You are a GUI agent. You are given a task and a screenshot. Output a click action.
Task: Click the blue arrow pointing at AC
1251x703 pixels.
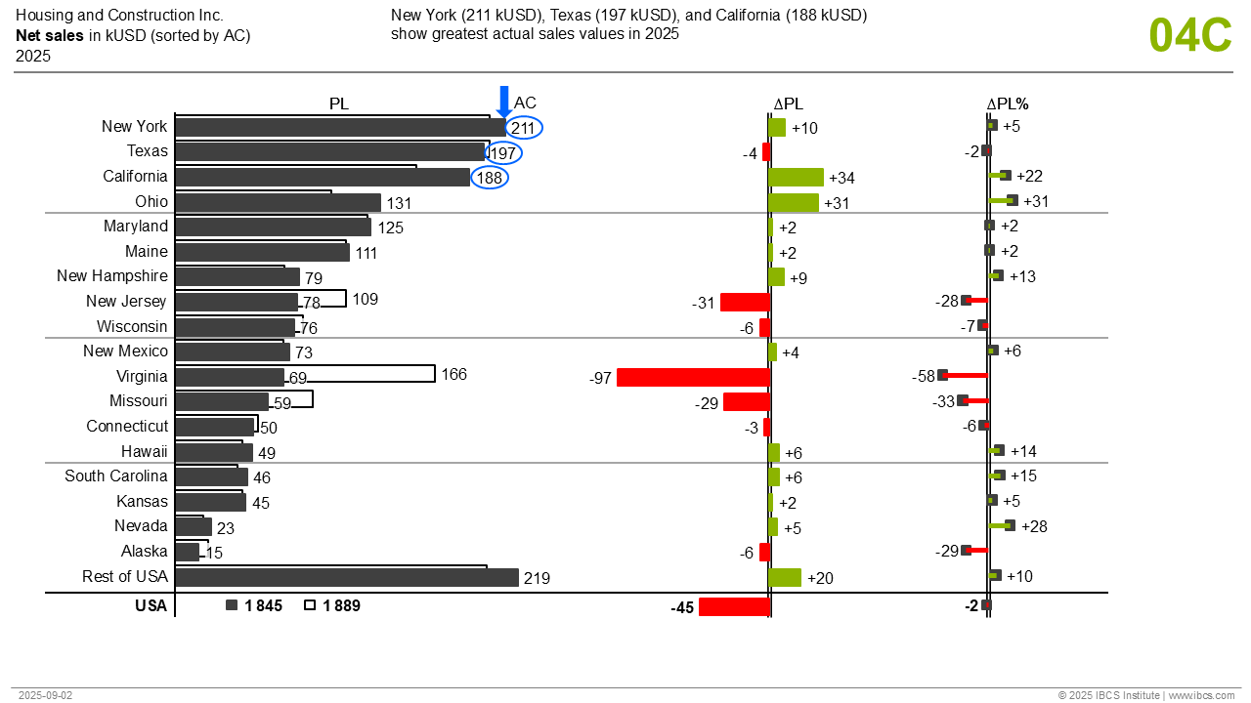click(504, 101)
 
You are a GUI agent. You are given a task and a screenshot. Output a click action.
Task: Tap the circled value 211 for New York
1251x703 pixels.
click(524, 127)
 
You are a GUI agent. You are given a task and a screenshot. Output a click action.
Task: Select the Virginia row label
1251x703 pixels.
click(142, 376)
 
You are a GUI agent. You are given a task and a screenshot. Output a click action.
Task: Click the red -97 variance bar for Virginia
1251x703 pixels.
click(693, 377)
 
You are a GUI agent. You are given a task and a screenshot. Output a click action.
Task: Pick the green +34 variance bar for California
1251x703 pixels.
click(796, 177)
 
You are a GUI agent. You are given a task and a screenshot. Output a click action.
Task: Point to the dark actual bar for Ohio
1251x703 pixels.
click(278, 202)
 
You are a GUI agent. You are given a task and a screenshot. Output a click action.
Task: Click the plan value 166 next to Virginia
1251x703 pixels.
click(454, 374)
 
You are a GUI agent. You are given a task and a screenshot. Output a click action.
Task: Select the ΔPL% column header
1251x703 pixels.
click(1007, 103)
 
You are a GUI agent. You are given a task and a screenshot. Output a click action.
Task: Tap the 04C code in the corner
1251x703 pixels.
click(1189, 36)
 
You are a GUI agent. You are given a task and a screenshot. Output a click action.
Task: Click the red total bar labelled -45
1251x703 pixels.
click(734, 606)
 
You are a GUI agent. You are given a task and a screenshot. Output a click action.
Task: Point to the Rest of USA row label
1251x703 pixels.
click(125, 576)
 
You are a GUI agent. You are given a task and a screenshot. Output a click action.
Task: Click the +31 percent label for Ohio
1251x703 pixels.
click(1036, 201)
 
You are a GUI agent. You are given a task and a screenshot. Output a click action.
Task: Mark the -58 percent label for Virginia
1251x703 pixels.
click(924, 376)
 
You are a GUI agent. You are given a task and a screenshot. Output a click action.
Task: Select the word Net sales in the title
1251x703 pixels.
click(49, 36)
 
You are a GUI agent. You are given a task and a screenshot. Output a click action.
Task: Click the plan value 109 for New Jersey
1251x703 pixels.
click(366, 299)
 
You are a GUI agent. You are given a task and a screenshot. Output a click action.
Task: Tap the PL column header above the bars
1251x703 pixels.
click(338, 103)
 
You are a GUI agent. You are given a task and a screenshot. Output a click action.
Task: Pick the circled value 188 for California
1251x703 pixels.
click(490, 178)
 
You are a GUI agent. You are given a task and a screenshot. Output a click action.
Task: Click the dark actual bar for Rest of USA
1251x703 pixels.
click(346, 578)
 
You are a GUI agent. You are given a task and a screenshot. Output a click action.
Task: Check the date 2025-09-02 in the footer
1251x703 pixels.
click(45, 695)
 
